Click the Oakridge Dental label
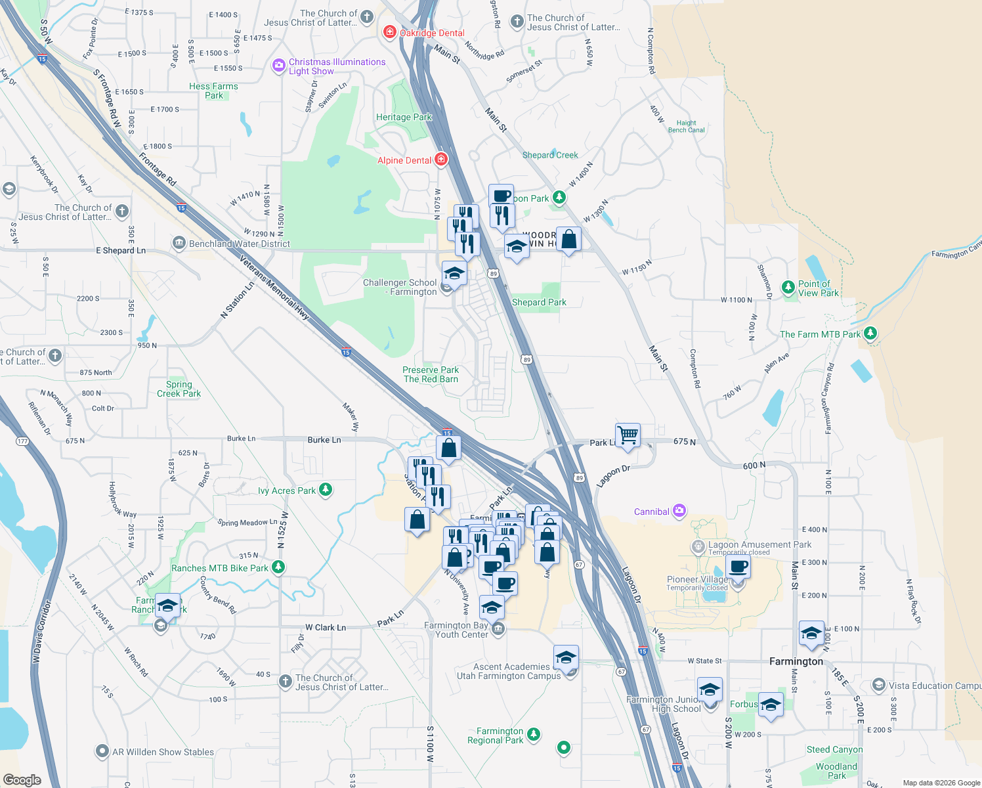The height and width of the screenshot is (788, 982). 432,33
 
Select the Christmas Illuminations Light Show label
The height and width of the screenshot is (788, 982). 337,66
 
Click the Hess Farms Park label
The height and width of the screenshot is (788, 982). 213,91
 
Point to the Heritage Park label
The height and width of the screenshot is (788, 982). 404,117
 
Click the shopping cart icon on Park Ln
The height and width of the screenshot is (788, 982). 628,433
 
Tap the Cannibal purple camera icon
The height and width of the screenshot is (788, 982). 679,511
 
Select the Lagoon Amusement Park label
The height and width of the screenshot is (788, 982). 759,544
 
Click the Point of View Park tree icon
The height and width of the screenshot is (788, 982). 788,288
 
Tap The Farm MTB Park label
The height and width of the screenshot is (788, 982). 820,334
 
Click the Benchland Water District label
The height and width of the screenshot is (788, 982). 240,244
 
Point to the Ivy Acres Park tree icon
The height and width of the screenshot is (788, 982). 325,490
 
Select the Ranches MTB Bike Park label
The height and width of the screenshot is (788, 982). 220,568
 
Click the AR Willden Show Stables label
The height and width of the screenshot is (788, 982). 163,752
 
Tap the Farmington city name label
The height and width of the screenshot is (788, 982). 796,661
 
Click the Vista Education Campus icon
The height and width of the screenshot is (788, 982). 878,686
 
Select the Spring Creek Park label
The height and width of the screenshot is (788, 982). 179,389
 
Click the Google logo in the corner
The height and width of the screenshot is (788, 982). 22,779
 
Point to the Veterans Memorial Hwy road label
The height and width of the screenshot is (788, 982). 274,288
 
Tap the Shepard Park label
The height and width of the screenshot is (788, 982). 539,302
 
